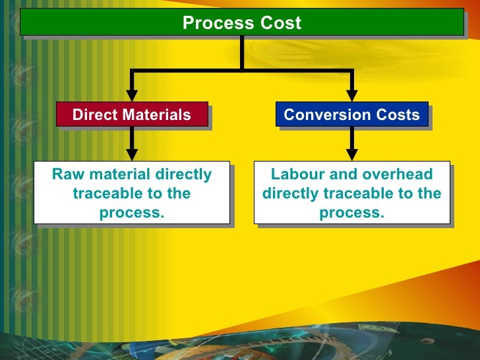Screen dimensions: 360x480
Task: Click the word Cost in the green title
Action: point(280,24)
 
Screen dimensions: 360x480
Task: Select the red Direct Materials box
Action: point(132,114)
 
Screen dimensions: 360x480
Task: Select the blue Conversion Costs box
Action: point(351,114)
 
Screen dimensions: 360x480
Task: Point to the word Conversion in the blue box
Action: point(318,115)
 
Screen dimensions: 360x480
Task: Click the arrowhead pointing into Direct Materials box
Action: point(133,95)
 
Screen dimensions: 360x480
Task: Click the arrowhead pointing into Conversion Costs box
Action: point(352,95)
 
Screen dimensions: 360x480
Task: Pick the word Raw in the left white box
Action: point(65,175)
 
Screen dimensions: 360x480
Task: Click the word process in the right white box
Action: point(351,213)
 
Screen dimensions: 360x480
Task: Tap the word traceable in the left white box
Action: point(104,194)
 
